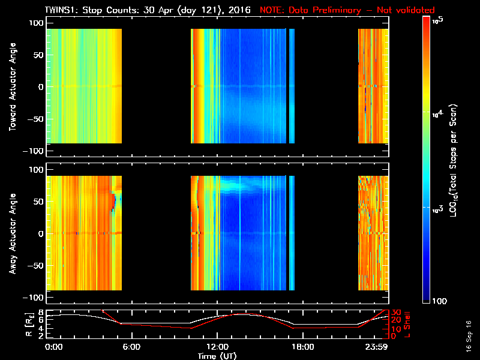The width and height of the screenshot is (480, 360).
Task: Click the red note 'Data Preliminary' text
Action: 326,10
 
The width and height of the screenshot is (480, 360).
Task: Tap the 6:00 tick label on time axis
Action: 131,347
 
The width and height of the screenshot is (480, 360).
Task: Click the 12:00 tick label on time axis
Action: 217,347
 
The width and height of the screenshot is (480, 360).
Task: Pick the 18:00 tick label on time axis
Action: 302,347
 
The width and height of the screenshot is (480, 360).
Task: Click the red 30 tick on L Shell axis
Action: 396,313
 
